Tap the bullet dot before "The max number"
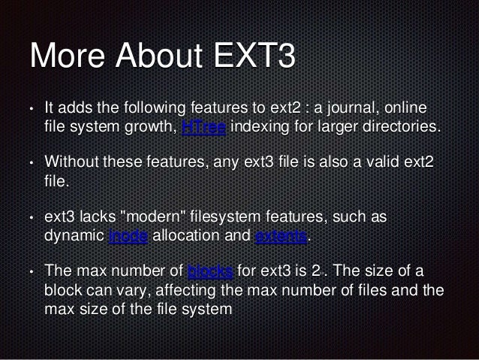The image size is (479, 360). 31,271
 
